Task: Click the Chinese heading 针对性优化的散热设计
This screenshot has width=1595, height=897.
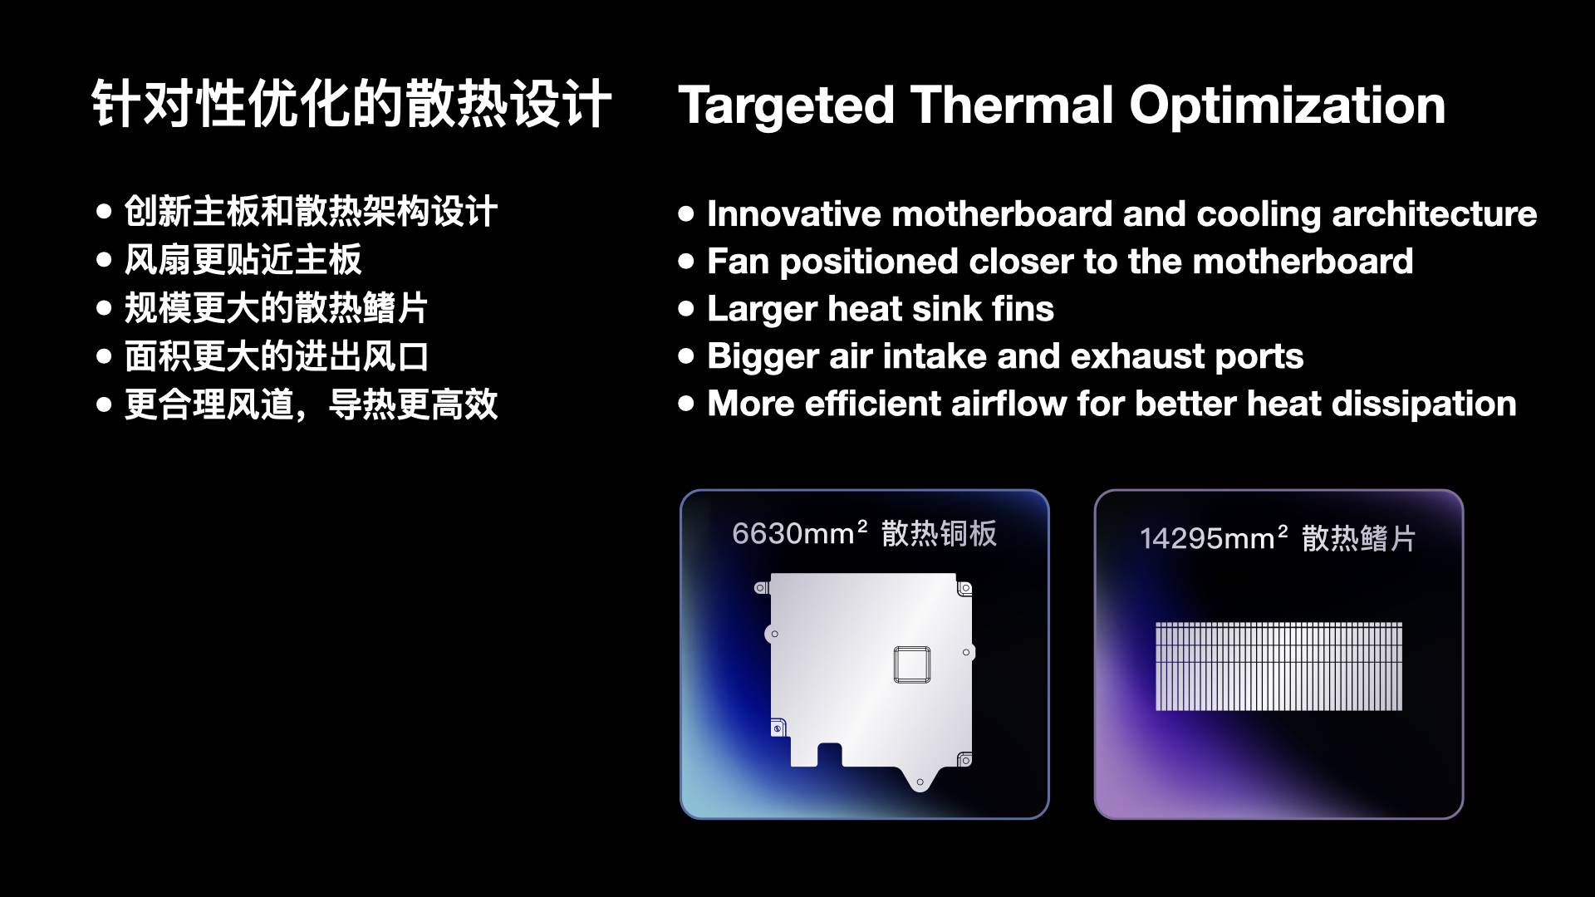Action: [x=351, y=105]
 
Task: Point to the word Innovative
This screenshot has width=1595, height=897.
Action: [x=793, y=214]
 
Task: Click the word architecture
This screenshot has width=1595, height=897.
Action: [x=1434, y=214]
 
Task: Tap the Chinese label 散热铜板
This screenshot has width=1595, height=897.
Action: [x=939, y=534]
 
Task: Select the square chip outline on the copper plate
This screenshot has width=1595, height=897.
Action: [x=911, y=664]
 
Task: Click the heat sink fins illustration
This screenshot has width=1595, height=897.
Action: [x=1278, y=666]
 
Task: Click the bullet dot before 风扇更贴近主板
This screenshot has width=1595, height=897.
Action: [x=104, y=261]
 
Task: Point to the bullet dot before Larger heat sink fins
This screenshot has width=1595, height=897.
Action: [x=685, y=310]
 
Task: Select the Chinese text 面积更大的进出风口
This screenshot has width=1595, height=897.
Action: [x=277, y=357]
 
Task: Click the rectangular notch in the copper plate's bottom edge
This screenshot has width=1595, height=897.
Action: [x=829, y=755]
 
